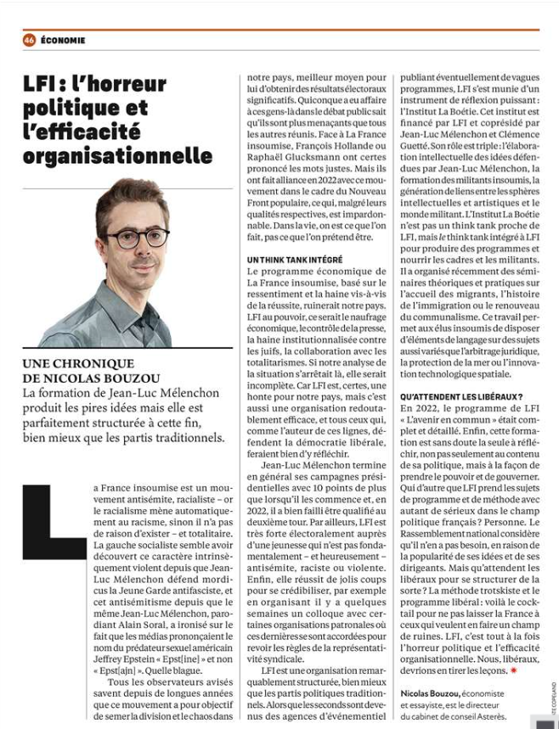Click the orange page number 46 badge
(x=29, y=40)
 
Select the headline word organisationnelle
(x=117, y=156)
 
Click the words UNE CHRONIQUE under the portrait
(x=78, y=363)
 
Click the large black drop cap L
(x=54, y=522)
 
